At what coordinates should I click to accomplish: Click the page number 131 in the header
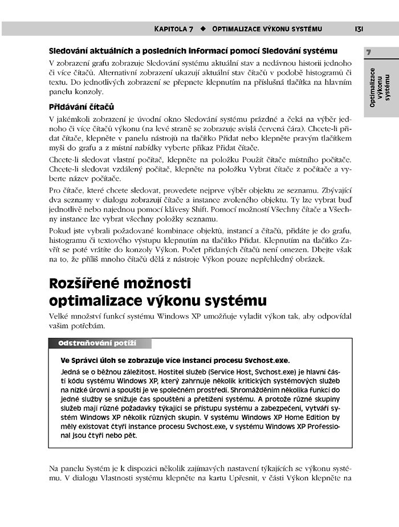[359, 28]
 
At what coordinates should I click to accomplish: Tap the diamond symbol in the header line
[203, 28]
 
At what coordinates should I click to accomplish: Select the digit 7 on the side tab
[369, 52]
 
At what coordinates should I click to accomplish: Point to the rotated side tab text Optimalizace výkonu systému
[380, 87]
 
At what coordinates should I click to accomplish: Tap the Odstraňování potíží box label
[100, 344]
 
